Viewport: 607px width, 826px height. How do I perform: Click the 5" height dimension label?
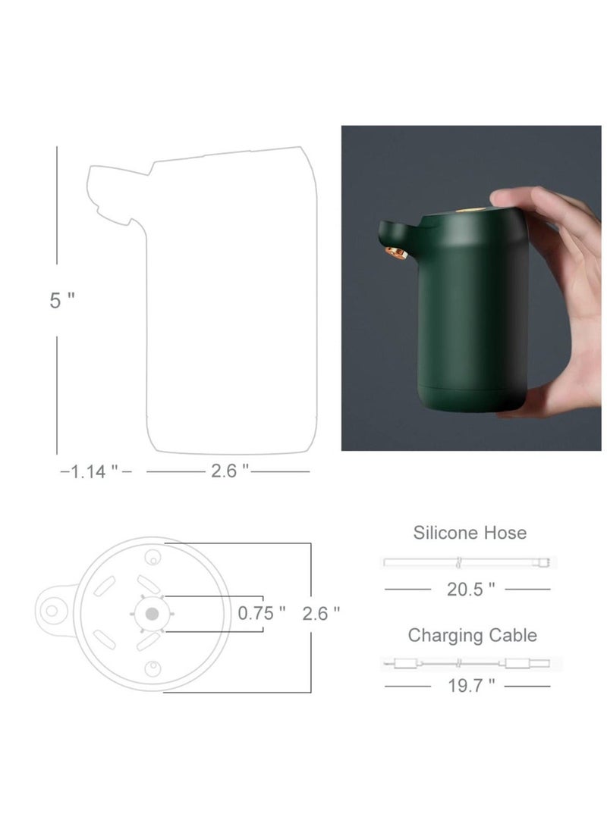point(62,299)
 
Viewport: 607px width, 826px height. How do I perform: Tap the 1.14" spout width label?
point(95,471)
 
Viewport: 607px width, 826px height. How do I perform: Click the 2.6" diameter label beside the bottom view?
point(321,613)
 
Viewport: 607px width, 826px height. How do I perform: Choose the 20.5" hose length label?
point(470,589)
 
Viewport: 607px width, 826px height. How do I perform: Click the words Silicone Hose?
point(470,533)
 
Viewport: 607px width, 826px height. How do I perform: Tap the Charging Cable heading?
point(473,635)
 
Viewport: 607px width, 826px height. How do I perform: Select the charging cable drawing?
point(470,663)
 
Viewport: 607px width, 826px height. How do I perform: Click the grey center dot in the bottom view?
point(153,614)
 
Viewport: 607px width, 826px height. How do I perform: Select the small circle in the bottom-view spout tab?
point(53,610)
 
